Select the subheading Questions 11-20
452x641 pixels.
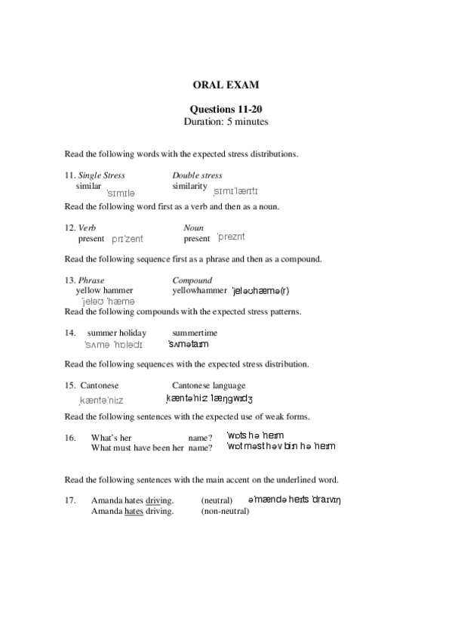(226, 109)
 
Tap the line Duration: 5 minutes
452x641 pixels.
(226, 121)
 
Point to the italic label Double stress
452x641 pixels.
(197, 175)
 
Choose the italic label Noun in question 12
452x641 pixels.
(193, 228)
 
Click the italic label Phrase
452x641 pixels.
(91, 280)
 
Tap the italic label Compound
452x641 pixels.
(192, 280)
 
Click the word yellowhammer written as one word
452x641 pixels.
(199, 290)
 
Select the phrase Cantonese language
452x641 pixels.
(208, 385)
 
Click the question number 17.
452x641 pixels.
(70, 500)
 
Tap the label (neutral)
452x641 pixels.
(217, 500)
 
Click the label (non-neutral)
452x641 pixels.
(225, 511)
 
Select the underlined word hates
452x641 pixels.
(134, 511)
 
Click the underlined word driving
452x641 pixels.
(158, 500)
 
